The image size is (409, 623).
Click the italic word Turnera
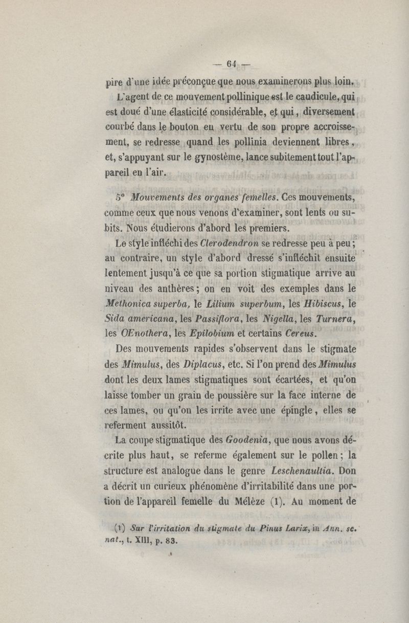point(335,319)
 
